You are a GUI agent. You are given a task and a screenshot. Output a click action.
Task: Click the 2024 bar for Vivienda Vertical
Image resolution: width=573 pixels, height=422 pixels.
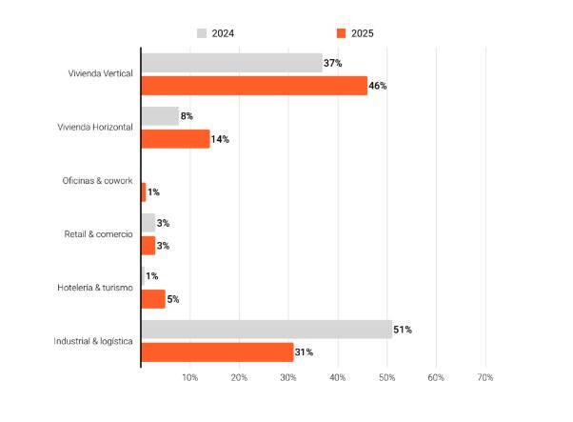231,63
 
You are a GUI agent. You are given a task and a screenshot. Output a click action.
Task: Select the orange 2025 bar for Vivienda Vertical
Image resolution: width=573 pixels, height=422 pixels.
253,86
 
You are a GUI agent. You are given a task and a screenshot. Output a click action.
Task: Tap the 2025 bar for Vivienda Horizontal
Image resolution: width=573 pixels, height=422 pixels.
175,139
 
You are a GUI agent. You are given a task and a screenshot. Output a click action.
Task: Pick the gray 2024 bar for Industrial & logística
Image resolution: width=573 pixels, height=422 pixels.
267,330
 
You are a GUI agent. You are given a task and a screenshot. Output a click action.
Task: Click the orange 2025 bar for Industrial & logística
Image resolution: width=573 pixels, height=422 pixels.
217,352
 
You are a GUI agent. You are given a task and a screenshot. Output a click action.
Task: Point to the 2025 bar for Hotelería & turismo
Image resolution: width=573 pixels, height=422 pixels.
153,299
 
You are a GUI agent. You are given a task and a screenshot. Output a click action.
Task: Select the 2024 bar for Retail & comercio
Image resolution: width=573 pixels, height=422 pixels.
148,223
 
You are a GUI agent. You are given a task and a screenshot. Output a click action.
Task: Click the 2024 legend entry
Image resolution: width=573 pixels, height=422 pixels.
216,33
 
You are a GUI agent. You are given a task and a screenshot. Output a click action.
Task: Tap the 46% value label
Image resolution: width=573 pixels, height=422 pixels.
378,86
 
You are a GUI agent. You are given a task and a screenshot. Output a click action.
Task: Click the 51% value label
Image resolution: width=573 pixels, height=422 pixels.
403,330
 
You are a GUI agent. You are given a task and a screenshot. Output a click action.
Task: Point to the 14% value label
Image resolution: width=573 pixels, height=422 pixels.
220,139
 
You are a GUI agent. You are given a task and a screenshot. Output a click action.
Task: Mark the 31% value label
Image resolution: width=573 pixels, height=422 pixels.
304,352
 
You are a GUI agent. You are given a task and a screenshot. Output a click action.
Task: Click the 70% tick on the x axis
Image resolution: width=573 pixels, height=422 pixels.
484,379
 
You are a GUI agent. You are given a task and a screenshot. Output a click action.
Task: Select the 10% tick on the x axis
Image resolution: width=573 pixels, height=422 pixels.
190,379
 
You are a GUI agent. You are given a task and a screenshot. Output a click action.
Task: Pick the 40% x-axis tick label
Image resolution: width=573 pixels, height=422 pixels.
338,379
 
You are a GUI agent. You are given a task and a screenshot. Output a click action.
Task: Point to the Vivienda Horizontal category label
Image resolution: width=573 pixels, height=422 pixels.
95,128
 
